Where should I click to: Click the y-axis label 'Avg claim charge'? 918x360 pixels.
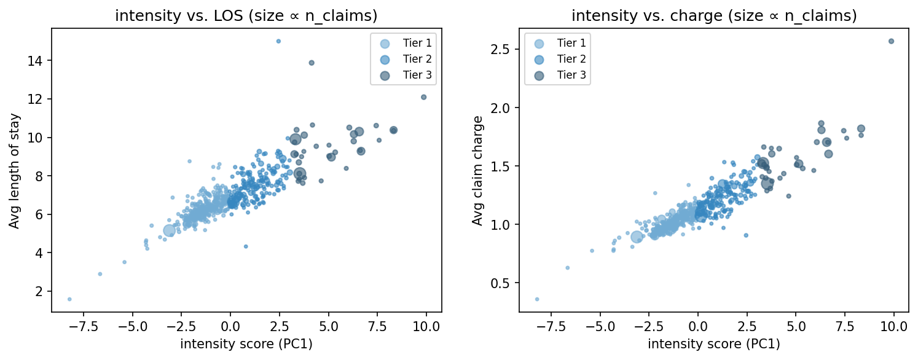coord(477,171)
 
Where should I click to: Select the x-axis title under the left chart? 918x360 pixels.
coord(246,344)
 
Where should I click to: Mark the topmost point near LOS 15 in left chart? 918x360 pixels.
coord(278,41)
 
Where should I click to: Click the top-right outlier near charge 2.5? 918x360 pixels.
coord(891,41)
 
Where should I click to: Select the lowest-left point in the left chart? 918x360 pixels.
coord(69,299)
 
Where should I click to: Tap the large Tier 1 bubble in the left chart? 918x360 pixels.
coord(170,230)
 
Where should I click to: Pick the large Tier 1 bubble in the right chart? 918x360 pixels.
coord(637,237)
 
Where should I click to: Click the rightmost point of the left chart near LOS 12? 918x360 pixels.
coord(423,97)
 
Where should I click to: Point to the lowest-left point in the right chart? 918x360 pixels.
coord(537,299)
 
